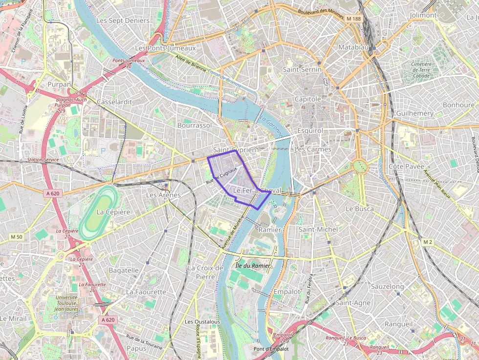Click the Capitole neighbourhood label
click(x=307, y=99)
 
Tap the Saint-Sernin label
click(x=302, y=70)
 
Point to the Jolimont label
click(x=423, y=15)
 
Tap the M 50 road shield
click(x=17, y=237)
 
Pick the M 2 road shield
click(x=428, y=242)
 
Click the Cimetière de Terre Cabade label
click(x=421, y=70)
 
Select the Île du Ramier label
click(x=253, y=265)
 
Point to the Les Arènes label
click(x=163, y=195)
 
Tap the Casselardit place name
click(x=115, y=102)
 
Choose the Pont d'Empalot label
click(x=271, y=349)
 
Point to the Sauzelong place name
click(x=388, y=286)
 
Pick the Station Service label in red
click(x=44, y=160)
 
